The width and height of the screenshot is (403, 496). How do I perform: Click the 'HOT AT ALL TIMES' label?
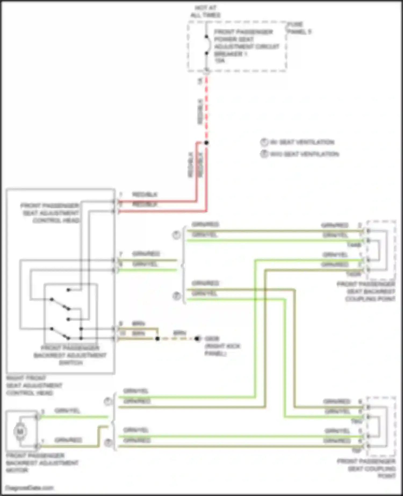click(x=205, y=12)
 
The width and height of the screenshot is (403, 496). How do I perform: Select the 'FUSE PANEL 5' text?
click(x=299, y=28)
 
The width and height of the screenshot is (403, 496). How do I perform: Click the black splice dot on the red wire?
click(x=206, y=143)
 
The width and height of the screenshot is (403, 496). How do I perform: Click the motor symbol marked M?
click(x=20, y=432)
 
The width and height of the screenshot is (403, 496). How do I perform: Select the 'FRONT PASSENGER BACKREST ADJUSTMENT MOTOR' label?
click(x=42, y=463)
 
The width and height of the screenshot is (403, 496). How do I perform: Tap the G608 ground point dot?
click(x=197, y=339)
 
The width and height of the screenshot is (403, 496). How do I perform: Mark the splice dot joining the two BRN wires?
click(x=157, y=339)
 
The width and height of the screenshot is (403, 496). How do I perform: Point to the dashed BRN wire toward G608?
click(x=177, y=339)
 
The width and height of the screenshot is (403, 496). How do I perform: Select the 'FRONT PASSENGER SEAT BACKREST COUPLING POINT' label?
click(x=366, y=292)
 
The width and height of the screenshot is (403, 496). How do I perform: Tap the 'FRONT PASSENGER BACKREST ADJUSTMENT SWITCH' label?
click(x=70, y=355)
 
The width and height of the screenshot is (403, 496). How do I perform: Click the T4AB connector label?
click(x=354, y=245)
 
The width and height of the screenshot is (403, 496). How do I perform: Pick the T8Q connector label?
click(x=357, y=422)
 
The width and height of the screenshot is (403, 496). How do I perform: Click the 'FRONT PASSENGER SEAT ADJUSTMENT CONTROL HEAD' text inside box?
click(x=50, y=213)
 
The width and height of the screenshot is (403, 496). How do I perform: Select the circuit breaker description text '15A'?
click(x=220, y=61)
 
